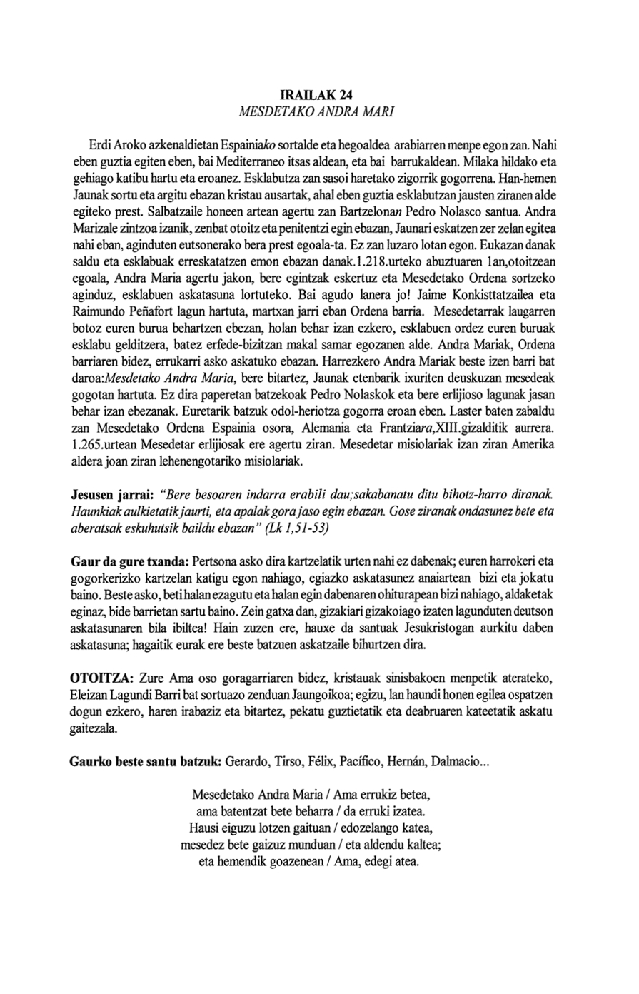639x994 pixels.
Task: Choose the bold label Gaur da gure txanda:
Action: click(x=130, y=563)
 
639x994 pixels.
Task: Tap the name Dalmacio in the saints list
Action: click(x=461, y=761)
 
